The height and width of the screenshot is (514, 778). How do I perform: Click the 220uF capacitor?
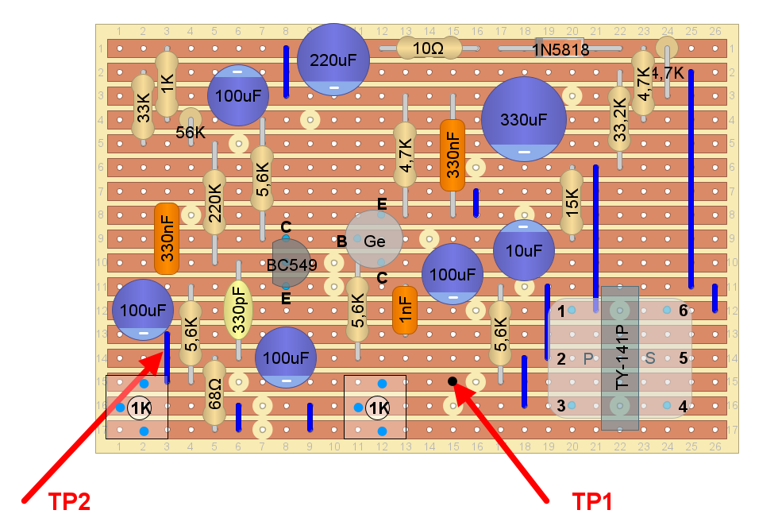[x=333, y=60]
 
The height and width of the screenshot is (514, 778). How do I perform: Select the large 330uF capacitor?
[x=523, y=119]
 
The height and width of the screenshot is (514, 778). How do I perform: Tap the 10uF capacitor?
[x=524, y=249]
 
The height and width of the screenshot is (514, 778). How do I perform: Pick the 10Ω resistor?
[x=429, y=48]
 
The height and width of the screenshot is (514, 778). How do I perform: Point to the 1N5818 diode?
[x=560, y=48]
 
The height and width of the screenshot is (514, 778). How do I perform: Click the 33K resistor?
[x=143, y=106]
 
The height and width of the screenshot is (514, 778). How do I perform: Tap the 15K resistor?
[x=572, y=202]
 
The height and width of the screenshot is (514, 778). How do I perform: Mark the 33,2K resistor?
[x=619, y=118]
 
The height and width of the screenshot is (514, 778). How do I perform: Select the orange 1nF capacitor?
[x=405, y=310]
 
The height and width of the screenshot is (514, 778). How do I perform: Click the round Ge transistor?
[x=373, y=239]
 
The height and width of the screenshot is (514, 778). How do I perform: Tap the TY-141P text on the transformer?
[x=620, y=357]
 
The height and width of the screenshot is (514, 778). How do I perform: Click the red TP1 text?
[x=591, y=501]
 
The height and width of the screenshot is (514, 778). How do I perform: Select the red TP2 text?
[x=69, y=501]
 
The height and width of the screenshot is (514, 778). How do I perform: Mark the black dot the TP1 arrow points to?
[x=453, y=381]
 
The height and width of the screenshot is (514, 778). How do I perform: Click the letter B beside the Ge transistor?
[x=341, y=240]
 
